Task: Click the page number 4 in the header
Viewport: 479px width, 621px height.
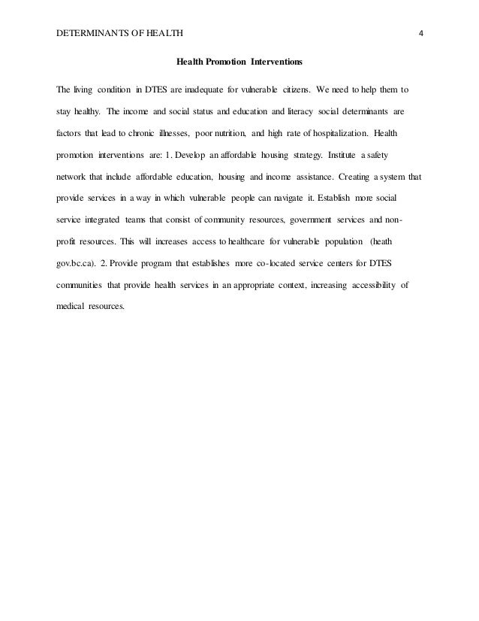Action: click(421, 32)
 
